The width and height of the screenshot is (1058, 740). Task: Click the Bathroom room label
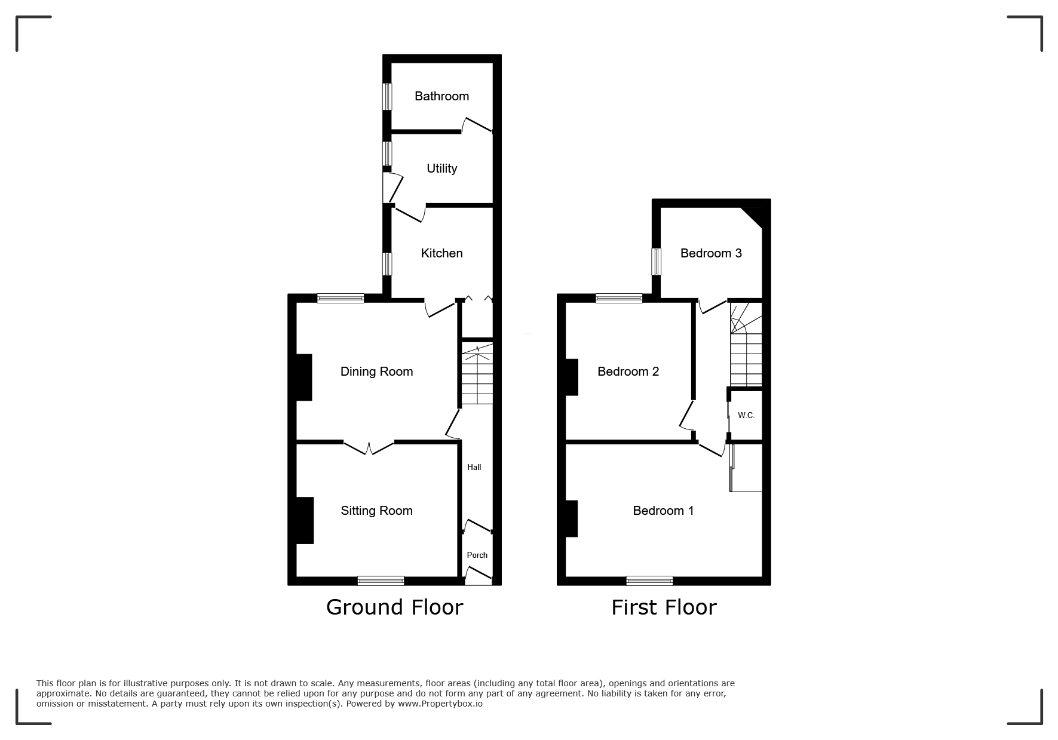pos(441,96)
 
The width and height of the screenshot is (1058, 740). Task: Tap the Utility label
pos(441,168)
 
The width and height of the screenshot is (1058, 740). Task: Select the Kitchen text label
pos(441,253)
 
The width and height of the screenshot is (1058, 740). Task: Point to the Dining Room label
pos(376,371)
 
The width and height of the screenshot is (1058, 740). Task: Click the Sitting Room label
pos(376,511)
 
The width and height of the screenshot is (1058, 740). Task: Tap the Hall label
pos(474,467)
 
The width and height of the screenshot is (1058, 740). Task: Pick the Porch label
pos(477,555)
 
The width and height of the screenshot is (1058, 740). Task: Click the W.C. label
pos(746,415)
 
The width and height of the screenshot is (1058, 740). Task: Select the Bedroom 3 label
pos(711,253)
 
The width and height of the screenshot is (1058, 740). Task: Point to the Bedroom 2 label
pos(628,371)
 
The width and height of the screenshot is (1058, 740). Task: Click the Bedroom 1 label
pos(663,511)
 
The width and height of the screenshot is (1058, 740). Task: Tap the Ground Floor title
pos(394,607)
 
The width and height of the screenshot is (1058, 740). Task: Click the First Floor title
pos(664,607)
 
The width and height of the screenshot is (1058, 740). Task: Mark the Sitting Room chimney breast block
pos(305,521)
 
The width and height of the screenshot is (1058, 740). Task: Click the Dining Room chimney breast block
pos(305,377)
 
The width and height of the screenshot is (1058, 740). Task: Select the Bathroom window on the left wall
pos(388,96)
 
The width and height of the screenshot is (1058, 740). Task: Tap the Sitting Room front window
pos(381,581)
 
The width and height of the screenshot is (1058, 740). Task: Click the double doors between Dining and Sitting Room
pos(369,447)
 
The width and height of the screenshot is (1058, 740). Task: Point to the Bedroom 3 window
pos(657,261)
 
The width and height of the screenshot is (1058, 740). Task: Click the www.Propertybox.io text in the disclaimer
pos(440,704)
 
